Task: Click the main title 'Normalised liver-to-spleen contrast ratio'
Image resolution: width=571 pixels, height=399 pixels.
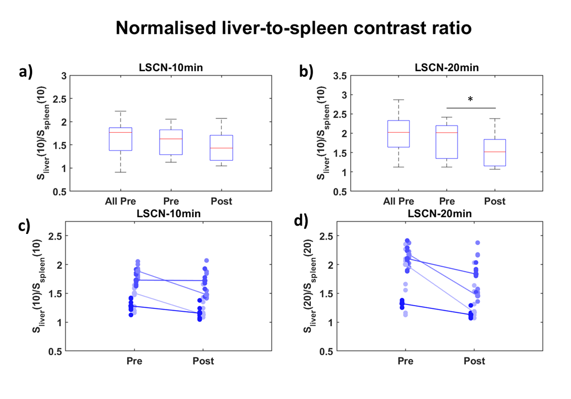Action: [294, 28]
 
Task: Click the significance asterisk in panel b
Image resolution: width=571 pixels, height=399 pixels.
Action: [470, 100]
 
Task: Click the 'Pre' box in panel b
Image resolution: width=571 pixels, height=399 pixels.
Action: [446, 142]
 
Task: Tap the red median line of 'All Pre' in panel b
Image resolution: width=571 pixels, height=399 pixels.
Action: [399, 132]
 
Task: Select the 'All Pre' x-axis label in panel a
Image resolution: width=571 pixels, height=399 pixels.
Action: [121, 201]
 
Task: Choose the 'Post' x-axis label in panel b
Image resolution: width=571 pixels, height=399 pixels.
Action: [494, 201]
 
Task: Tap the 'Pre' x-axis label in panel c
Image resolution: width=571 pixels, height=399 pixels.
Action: [133, 361]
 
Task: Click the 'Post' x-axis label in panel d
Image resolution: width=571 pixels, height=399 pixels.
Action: [474, 361]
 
